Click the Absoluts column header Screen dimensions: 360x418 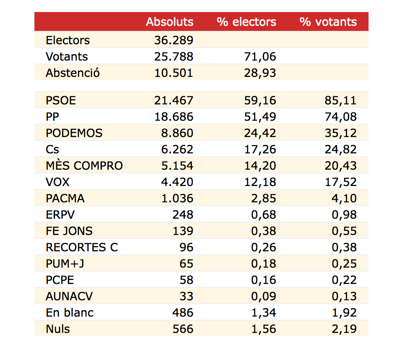(169, 22)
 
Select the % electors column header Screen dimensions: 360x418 (246, 22)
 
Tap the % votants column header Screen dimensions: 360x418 (328, 22)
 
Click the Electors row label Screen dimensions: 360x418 (68, 40)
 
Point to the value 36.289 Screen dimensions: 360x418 (174, 40)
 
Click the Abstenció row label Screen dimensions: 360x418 (73, 73)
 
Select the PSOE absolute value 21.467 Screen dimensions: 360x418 (174, 101)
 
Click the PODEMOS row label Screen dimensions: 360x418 (74, 133)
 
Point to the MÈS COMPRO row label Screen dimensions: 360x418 (84, 166)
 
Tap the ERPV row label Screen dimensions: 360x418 (59, 215)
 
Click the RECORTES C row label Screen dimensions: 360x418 (82, 247)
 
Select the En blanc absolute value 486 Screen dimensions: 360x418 (183, 313)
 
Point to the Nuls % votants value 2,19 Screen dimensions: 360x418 (344, 329)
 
